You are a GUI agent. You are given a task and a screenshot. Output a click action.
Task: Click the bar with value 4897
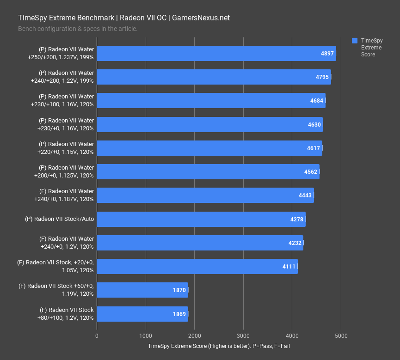[216, 53]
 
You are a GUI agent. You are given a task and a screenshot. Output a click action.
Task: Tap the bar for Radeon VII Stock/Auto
[201, 219]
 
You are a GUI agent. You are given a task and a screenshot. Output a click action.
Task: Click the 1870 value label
[179, 290]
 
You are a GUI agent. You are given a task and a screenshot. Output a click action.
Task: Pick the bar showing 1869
[142, 314]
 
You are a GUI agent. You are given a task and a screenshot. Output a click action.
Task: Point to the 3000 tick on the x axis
[243, 336]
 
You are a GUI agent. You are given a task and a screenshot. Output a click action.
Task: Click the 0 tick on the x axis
[97, 336]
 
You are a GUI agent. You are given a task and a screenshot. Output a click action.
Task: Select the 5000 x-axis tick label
[341, 336]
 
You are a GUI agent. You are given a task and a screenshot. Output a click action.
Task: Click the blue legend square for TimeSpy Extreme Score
[355, 40]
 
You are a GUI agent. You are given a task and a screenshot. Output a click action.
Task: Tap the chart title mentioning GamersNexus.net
[124, 18]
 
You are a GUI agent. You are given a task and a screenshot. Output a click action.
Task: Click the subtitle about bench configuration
[78, 29]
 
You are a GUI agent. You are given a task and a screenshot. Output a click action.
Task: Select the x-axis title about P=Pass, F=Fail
[219, 346]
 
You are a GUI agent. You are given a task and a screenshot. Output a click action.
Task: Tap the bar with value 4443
[205, 195]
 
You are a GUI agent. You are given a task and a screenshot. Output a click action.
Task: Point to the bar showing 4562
[208, 171]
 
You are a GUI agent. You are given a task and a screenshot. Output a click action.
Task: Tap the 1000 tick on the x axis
[146, 336]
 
